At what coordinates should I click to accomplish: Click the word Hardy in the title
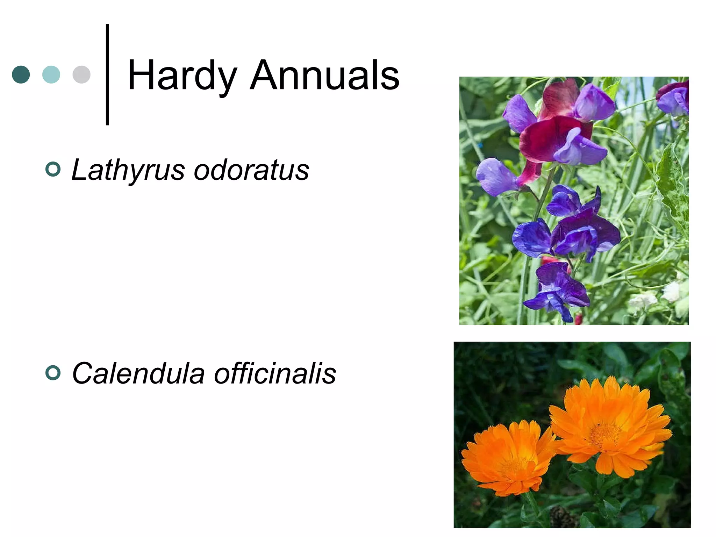click(x=182, y=76)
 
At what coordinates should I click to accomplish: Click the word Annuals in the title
click(x=324, y=75)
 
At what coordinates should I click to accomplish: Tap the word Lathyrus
click(x=128, y=170)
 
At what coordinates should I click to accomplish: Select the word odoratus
click(x=251, y=170)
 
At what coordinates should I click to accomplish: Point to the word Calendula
click(x=138, y=373)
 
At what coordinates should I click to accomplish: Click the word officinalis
click(x=275, y=373)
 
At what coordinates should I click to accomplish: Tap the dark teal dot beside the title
click(x=21, y=74)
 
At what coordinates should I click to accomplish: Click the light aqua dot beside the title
click(x=51, y=74)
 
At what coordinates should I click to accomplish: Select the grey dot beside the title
click(x=81, y=74)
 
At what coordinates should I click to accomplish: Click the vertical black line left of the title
click(x=107, y=74)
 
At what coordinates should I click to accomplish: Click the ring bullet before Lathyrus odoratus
click(x=53, y=170)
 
